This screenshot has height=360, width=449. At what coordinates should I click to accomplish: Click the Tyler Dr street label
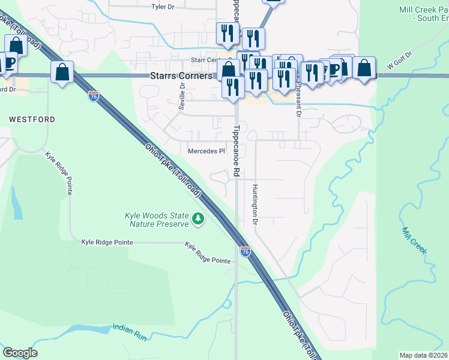[x=163, y=7]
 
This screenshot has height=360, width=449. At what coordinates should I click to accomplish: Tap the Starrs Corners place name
[x=180, y=77]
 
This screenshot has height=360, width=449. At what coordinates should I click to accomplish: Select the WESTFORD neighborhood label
[x=32, y=119]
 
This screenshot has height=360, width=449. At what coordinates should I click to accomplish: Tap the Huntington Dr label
[x=255, y=205]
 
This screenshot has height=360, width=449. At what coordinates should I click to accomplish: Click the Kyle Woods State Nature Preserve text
[x=157, y=220]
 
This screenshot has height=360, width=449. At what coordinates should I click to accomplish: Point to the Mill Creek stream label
[x=414, y=241]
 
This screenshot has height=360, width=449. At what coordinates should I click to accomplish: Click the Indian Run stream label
[x=130, y=332]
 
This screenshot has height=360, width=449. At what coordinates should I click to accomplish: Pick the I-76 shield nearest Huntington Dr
[x=245, y=251]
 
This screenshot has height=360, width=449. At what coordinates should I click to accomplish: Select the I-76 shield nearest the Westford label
[x=93, y=96]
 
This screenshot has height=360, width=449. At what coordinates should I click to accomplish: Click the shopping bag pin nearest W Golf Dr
[x=364, y=68]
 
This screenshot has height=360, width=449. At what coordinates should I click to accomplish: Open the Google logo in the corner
[x=20, y=352]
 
